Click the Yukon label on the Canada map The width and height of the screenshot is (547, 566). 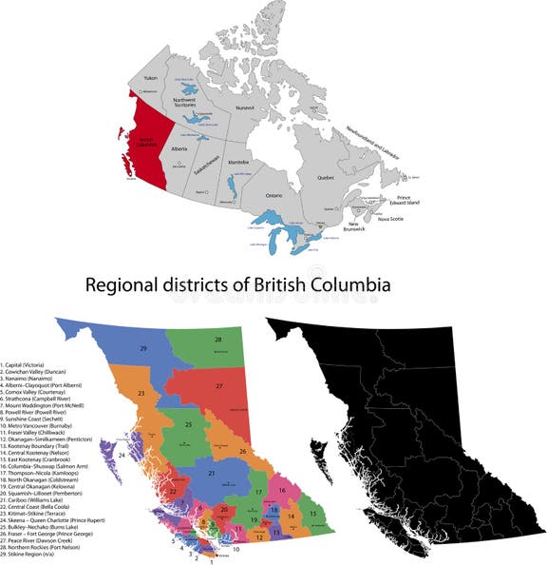[x=150, y=76]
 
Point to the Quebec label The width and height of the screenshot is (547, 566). [x=326, y=178]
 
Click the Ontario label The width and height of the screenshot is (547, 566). [x=273, y=195]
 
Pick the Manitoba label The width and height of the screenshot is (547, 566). [x=238, y=163]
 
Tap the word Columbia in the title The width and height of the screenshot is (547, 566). [x=353, y=283]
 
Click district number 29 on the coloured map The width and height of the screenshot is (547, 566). [x=143, y=350]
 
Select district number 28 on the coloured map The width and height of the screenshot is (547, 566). [x=217, y=339]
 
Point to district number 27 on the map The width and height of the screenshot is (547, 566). [x=218, y=386]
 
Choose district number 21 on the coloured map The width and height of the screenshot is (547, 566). [x=212, y=472]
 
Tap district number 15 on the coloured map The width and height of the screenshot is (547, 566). [x=313, y=514]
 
